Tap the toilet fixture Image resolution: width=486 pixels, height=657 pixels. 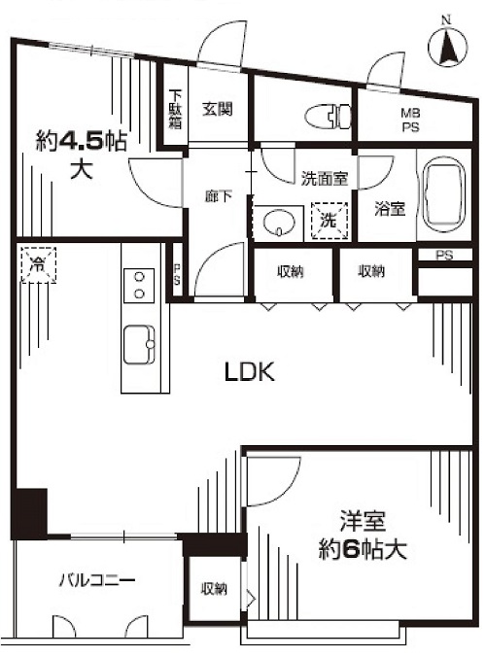point(329,117)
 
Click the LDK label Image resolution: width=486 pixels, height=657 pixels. point(250,371)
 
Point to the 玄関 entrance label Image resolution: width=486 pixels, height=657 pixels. point(217,110)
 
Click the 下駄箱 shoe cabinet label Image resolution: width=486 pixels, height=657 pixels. point(176,110)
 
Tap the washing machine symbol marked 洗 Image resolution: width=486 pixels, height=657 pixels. point(330,221)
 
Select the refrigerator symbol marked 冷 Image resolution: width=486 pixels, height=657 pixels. point(38,264)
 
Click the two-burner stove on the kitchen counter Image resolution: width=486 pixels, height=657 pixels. point(139,286)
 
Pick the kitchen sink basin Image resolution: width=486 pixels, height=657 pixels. point(139,344)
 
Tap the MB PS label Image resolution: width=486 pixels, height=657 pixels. point(411,120)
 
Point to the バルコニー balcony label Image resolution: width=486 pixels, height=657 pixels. point(97,581)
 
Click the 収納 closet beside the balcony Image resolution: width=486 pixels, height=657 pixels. point(214,589)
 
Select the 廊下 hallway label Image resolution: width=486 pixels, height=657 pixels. point(219,196)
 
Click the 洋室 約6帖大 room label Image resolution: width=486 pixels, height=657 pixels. point(363,536)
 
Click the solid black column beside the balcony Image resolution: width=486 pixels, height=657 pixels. point(29,513)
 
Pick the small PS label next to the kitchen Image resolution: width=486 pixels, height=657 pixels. point(177,274)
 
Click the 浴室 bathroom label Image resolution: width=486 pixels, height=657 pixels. point(390,209)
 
